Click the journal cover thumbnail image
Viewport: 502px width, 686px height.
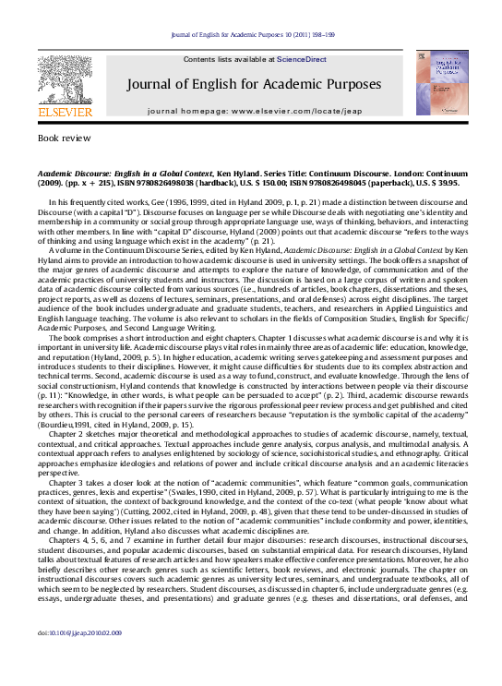pos(441,82)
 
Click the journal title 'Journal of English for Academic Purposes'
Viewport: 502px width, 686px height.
pos(254,84)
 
